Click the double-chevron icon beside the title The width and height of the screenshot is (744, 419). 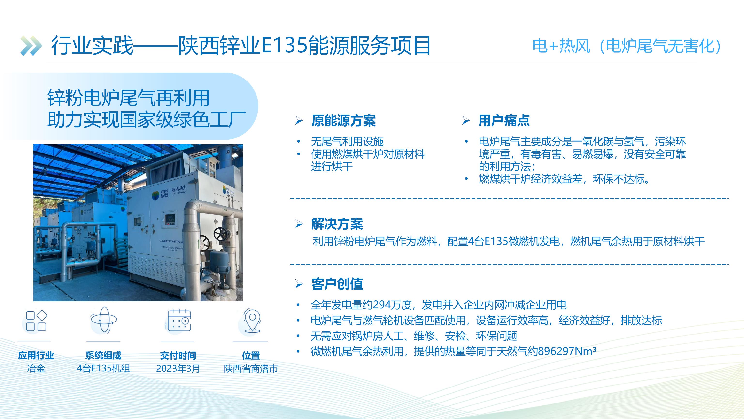pos(31,46)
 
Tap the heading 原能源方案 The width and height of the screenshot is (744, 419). pos(343,121)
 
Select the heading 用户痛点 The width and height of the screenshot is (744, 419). pos(504,121)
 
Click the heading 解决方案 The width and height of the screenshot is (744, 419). pos(337,224)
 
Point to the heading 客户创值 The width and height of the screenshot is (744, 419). pos(337,284)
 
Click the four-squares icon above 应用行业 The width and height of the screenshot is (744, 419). pos(36,321)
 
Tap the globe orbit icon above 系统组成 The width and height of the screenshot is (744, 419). pos(104,320)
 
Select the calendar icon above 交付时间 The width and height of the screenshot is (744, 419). pos(178,320)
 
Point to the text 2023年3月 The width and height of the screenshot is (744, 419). pos(178,369)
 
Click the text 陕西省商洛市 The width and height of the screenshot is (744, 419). pos(251,369)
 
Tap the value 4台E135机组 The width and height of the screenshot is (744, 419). pos(103,369)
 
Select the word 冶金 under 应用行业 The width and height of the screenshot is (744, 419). pos(36,369)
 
